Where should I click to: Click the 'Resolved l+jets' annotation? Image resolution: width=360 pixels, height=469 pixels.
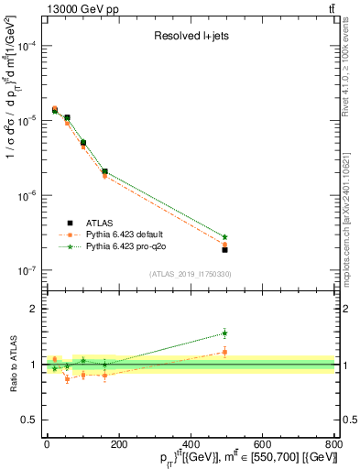(x=190, y=38)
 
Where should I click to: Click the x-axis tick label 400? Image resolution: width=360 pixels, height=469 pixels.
(x=191, y=444)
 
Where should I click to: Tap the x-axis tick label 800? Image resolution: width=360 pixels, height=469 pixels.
(x=333, y=444)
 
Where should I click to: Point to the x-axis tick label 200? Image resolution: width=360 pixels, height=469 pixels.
(x=118, y=444)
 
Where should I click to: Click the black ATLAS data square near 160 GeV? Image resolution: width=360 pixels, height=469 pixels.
(x=104, y=171)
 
